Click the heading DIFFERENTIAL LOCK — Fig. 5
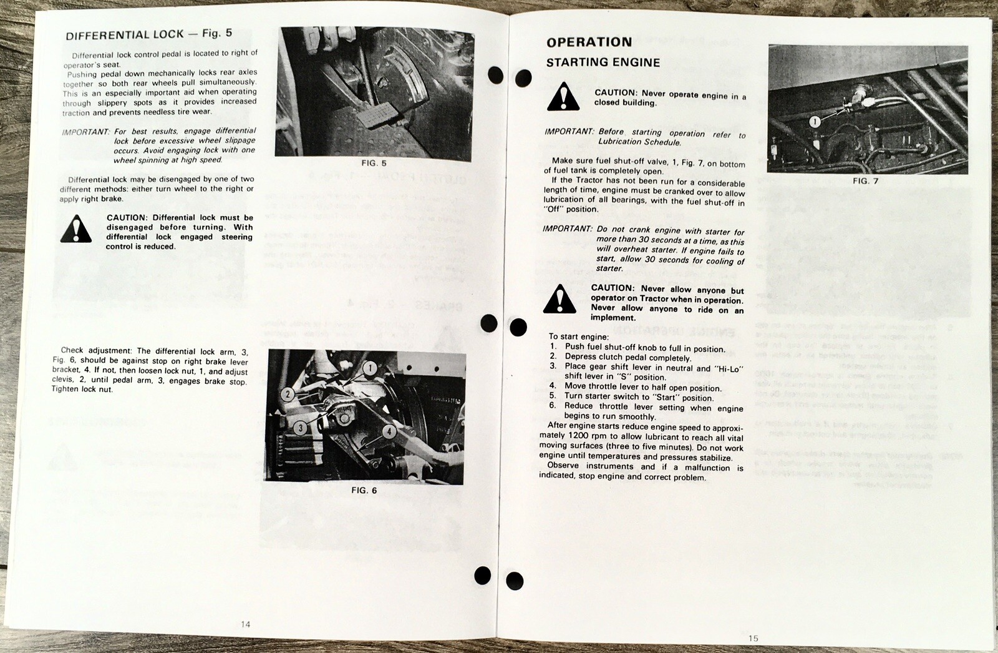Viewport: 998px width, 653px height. tap(148, 35)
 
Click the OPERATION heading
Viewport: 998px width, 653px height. tap(589, 42)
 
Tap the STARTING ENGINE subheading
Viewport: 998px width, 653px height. tap(603, 62)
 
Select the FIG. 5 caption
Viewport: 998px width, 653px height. tap(374, 164)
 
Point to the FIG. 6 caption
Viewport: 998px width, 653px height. tap(364, 491)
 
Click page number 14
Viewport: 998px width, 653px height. tap(245, 624)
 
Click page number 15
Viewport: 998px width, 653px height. tap(753, 638)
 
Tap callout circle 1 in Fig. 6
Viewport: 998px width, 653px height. tap(370, 368)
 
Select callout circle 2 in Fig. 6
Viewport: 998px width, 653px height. tap(288, 394)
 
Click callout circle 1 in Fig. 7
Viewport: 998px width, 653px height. tap(814, 122)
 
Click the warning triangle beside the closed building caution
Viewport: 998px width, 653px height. tap(563, 98)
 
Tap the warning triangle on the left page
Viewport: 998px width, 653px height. tap(76, 229)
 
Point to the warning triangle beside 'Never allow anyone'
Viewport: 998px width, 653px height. tap(560, 300)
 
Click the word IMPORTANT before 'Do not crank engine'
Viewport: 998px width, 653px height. tap(567, 229)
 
